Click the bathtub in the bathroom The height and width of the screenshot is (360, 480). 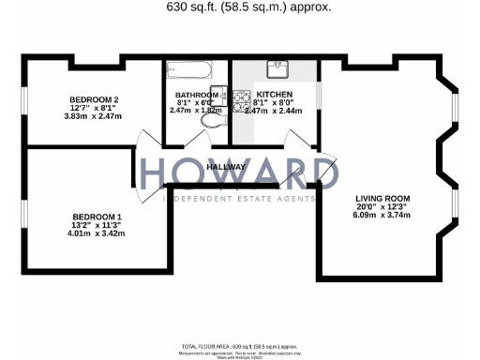tap(191, 69)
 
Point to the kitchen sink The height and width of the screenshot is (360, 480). tap(278, 69)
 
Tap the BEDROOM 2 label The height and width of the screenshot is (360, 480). tap(93, 99)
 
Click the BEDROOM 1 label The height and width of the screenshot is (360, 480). tap(97, 217)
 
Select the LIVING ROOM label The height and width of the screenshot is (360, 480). tap(382, 198)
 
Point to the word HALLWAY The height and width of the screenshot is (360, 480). tap(225, 167)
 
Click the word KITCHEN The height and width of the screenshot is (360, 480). tap(275, 95)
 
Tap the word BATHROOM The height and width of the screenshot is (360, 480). tap(196, 95)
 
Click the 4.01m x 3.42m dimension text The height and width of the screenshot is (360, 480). tap(97, 233)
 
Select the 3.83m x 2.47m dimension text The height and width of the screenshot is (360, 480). tap(94, 115)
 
